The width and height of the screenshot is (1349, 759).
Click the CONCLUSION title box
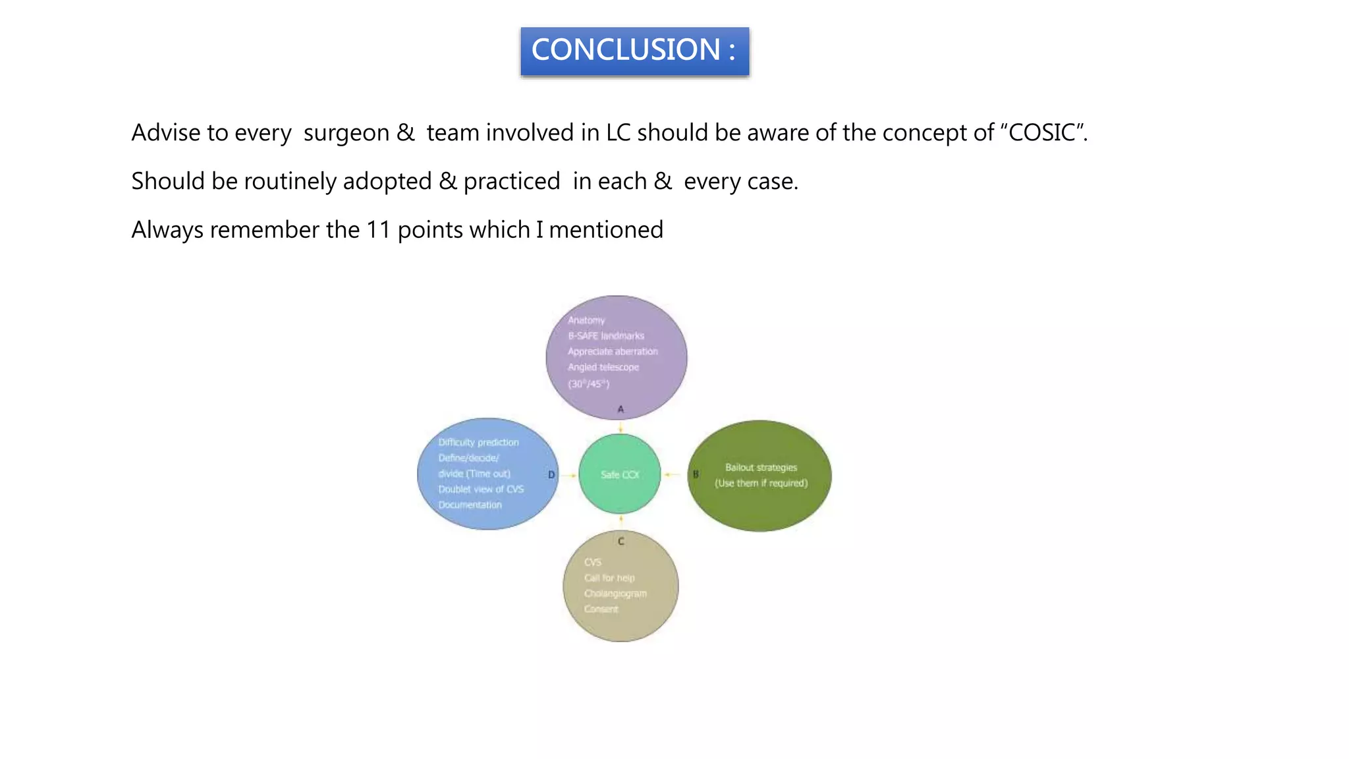click(634, 51)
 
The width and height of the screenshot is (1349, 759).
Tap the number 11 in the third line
click(379, 230)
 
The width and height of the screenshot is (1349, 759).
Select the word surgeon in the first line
click(346, 133)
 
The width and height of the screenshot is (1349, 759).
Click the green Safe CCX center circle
click(620, 474)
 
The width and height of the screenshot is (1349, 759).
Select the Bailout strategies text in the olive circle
click(761, 467)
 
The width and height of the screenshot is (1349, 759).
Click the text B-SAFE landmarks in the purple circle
click(606, 336)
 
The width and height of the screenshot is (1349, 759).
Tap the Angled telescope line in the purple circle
click(603, 367)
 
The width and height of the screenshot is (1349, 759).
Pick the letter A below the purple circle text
click(620, 409)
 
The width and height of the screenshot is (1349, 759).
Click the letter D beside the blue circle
click(551, 474)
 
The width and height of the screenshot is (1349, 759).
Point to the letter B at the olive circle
click(696, 474)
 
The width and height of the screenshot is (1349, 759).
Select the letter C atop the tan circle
click(620, 542)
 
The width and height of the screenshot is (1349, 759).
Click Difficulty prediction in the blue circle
click(478, 442)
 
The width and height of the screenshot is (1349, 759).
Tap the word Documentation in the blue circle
click(470, 505)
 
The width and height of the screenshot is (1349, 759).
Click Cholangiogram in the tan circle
click(615, 594)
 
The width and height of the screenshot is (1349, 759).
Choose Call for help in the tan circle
click(609, 578)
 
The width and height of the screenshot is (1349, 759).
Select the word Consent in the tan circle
click(601, 609)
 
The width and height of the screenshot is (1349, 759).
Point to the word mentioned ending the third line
click(605, 230)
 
